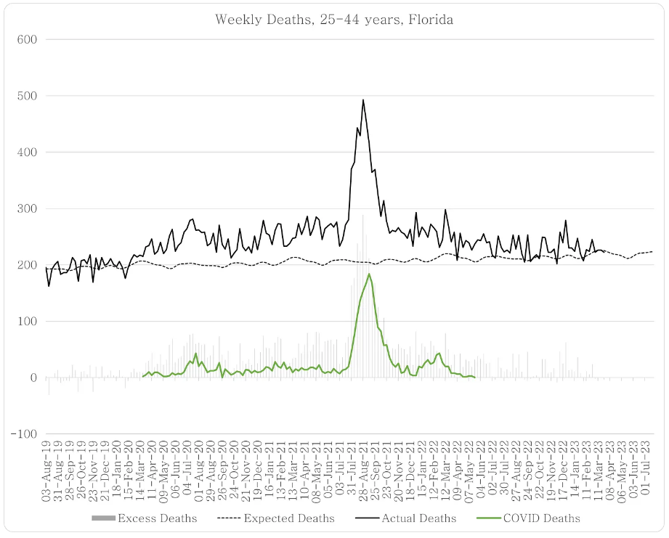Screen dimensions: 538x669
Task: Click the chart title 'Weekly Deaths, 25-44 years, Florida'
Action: coord(334,20)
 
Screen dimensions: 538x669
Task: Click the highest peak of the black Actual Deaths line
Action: coord(363,100)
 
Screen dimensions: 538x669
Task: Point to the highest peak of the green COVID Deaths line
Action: coord(370,274)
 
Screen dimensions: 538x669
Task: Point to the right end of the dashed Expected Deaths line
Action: coord(652,251)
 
